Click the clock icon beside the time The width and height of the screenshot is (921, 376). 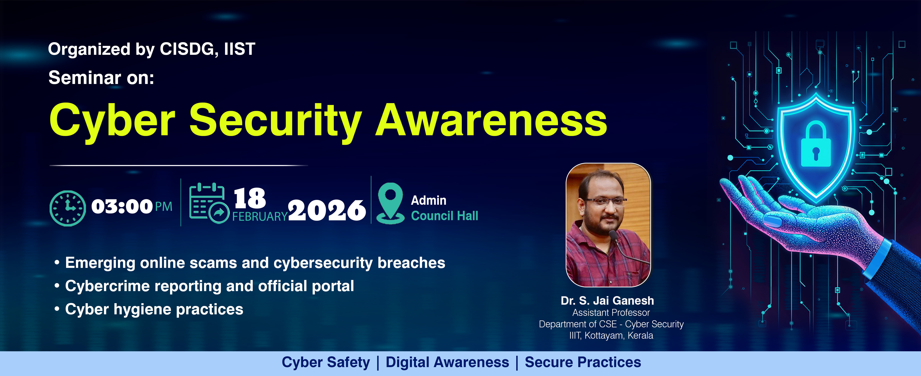coord(68,208)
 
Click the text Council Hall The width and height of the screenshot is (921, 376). coord(444,216)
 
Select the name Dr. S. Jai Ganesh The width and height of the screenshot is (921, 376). coord(607,301)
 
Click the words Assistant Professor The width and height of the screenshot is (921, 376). coord(611,313)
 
